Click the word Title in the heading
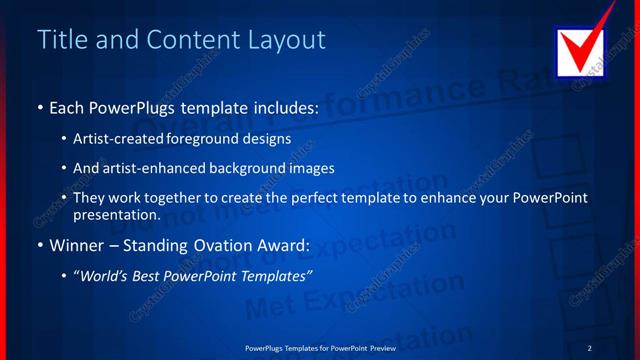pyautogui.click(x=60, y=40)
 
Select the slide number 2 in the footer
pyautogui.click(x=589, y=347)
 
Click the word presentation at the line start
pyautogui.click(x=116, y=214)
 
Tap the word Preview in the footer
pyautogui.click(x=381, y=347)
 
